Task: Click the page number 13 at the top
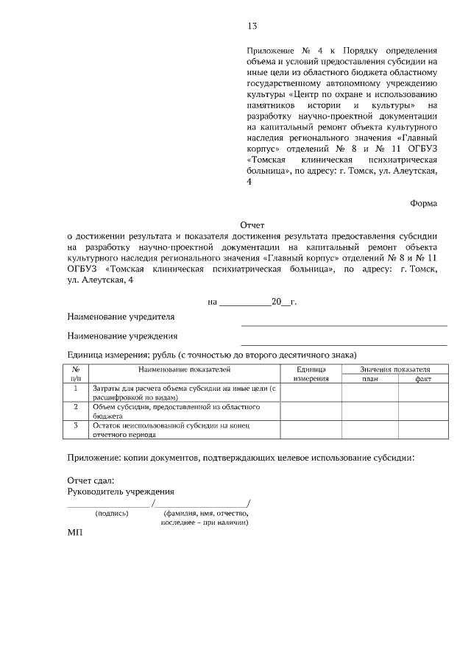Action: point(252,26)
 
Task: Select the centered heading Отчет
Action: point(252,224)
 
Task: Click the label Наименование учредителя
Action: point(121,317)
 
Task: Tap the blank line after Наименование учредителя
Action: point(344,324)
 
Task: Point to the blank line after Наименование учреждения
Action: point(344,344)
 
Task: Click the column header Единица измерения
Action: point(311,373)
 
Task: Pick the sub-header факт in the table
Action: point(423,378)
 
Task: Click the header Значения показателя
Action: point(396,369)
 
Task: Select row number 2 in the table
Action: point(76,406)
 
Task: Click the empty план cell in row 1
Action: point(369,392)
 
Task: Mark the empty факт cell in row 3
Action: point(423,430)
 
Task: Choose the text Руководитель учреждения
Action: point(121,491)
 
